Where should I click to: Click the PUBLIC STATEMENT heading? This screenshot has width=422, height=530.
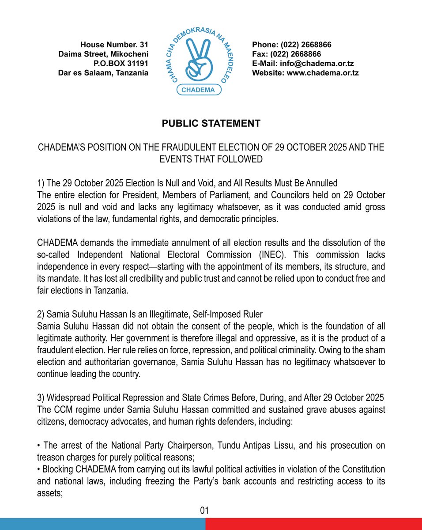(x=211, y=124)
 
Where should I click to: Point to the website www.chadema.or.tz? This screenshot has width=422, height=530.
(x=323, y=73)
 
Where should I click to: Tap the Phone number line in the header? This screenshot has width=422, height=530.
(x=291, y=45)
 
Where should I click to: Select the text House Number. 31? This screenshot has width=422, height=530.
(x=114, y=45)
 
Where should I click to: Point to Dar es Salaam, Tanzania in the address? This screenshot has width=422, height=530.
(x=103, y=73)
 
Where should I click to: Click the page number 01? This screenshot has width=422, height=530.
(x=204, y=511)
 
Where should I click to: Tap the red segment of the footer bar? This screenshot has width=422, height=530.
(x=313, y=524)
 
